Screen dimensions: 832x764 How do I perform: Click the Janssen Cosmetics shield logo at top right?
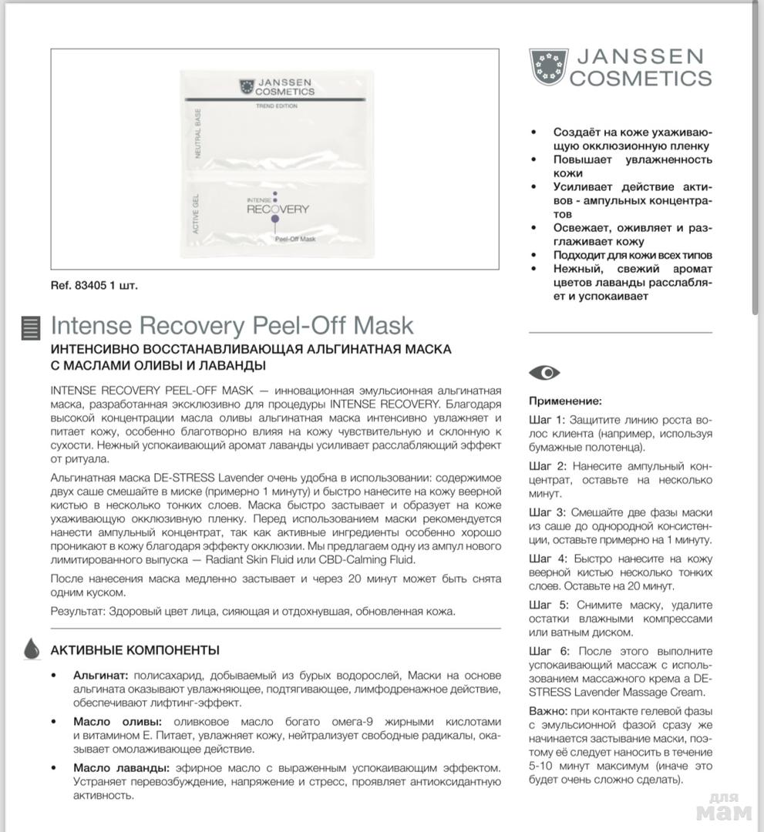549,66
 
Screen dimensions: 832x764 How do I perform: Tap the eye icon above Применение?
544,373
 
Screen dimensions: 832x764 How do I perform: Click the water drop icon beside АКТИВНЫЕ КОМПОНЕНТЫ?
32,649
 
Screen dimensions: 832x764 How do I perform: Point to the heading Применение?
565,401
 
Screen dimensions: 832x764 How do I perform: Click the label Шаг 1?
547,420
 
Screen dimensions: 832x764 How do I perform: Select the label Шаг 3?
547,512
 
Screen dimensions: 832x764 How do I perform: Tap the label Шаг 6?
547,651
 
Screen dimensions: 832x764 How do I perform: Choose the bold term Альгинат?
100,675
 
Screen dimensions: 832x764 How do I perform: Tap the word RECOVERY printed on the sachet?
278,209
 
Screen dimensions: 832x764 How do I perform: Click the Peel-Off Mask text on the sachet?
296,240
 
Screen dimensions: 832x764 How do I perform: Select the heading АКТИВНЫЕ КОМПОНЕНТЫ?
135,650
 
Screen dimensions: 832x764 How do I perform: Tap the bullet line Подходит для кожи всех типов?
632,255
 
